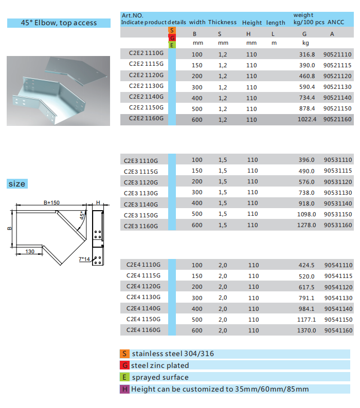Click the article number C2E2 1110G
(x=146, y=53)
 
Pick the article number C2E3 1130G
(x=141, y=193)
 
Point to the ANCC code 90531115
(x=338, y=171)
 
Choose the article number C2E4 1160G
(x=143, y=330)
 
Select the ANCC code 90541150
(x=338, y=320)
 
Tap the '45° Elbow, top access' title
(x=59, y=23)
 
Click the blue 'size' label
(x=16, y=184)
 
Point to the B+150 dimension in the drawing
(x=51, y=202)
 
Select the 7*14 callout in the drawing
(x=84, y=260)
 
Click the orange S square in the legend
(x=124, y=354)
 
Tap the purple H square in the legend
(x=124, y=389)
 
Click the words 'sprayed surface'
(x=159, y=377)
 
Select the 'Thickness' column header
(x=222, y=23)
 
